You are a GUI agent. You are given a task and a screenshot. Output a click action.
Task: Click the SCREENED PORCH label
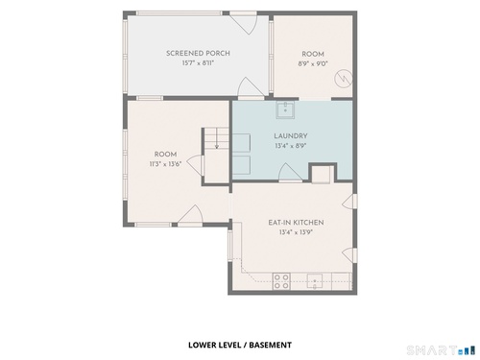click(x=198, y=53)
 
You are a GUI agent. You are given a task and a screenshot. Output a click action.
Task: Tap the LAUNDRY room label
click(x=291, y=136)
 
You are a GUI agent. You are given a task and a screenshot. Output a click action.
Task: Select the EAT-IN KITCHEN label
click(x=296, y=223)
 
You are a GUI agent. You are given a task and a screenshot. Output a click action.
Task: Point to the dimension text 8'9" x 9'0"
click(x=313, y=63)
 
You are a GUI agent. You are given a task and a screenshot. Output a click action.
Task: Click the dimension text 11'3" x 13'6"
click(x=165, y=164)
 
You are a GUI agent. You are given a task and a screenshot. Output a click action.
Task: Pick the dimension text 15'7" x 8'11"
click(x=198, y=63)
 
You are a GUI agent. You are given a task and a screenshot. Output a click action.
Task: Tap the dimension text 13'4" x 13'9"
click(x=296, y=232)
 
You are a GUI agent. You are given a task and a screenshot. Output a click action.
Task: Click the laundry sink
click(x=285, y=110)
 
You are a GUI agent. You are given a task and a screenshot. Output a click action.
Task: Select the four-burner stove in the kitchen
click(x=281, y=281)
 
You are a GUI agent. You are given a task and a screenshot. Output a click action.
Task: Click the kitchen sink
click(x=315, y=281)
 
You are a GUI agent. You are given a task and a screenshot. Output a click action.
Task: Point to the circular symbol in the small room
click(x=344, y=79)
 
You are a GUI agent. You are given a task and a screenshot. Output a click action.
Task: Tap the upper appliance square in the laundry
click(x=241, y=143)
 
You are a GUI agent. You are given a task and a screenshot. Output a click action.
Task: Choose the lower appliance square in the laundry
click(x=241, y=165)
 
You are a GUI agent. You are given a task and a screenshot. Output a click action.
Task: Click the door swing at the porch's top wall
click(x=244, y=23)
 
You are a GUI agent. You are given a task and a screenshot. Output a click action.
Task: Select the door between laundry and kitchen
click(x=290, y=173)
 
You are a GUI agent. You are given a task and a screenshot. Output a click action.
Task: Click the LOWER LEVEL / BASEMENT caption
click(x=240, y=345)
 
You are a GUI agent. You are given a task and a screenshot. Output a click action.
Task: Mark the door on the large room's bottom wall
click(x=190, y=216)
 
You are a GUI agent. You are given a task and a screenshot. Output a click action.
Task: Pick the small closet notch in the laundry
click(x=323, y=173)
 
